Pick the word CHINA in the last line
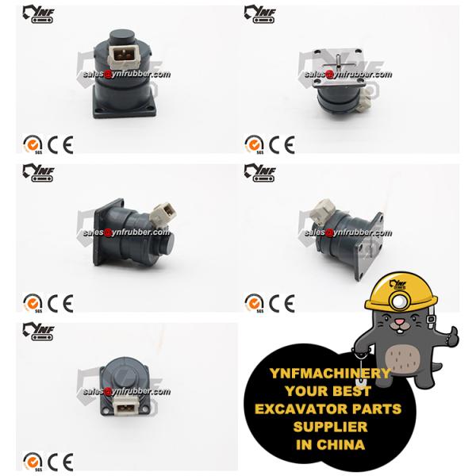340,445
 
